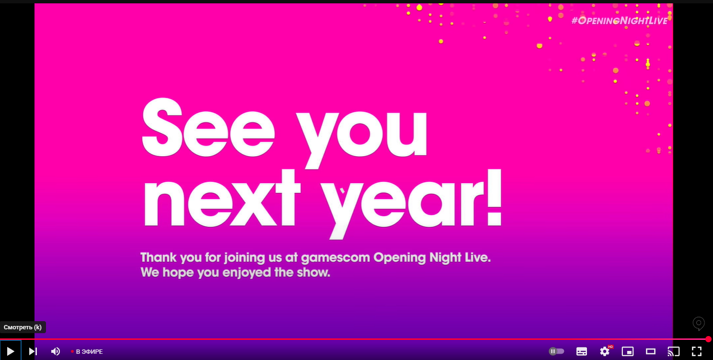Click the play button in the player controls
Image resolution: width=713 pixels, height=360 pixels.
coord(11,351)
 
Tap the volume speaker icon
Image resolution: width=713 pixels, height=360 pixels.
coord(56,351)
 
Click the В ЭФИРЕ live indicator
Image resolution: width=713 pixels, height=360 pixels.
coord(87,351)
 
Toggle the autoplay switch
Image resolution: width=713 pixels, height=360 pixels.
coord(556,351)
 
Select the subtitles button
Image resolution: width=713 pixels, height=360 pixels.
coord(582,351)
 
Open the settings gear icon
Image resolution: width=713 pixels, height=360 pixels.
coord(604,351)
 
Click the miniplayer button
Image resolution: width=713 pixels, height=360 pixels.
coord(627,351)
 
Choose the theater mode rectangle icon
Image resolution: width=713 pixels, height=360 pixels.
coord(651,351)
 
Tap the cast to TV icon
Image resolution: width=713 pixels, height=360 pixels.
coord(674,351)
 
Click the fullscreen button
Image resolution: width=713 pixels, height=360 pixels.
coord(697,351)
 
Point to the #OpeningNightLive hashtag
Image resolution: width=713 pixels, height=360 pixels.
coord(620,21)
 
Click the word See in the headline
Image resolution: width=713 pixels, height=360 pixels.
coord(208,128)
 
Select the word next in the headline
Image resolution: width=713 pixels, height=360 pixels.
coord(222,198)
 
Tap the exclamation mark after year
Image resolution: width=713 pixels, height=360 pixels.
coord(494,197)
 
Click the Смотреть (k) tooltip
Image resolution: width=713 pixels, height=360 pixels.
coord(23,327)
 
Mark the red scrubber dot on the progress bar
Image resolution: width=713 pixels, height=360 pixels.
coord(708,339)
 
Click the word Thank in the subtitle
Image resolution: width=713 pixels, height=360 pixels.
coord(159,257)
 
